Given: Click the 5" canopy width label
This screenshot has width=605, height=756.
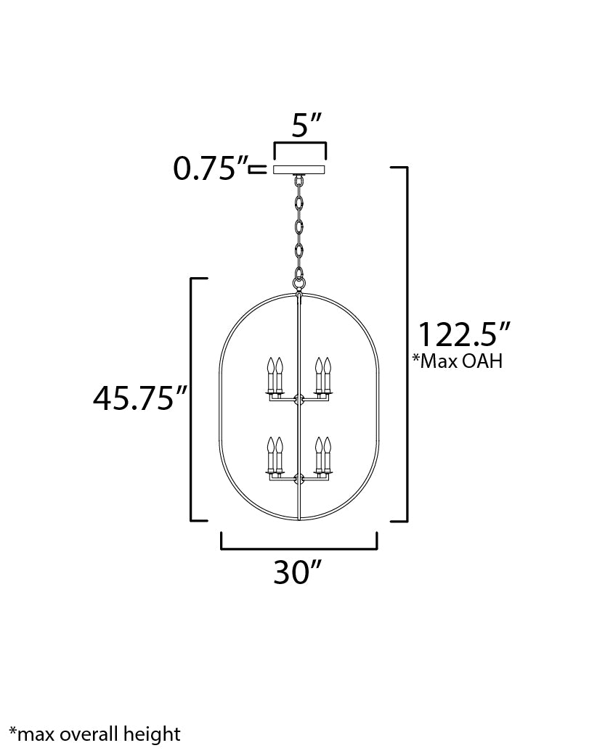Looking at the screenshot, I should pos(306,126).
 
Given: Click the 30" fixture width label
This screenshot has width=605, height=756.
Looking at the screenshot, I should pos(297,573).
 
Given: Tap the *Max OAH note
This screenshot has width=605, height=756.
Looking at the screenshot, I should pos(457,361).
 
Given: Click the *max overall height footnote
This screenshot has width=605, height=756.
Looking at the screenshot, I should pos(94,734).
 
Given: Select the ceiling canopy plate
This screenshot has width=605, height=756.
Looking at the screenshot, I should pos(299,170).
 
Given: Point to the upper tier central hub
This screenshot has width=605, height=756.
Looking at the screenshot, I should pos(299,398).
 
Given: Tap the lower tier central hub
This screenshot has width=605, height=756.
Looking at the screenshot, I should pos(299,478).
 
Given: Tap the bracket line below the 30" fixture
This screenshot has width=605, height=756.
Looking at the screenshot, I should pos(299,548).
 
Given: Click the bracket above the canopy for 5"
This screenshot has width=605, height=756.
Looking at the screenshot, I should pos(299,144).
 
